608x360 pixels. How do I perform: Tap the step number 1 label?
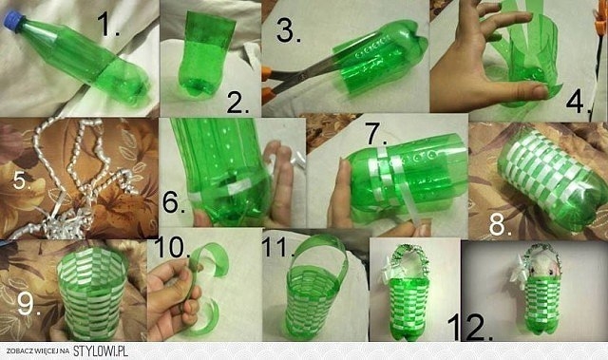point(108,24)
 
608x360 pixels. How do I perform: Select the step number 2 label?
point(237,104)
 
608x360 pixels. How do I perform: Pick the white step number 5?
point(22,180)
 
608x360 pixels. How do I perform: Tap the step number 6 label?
point(173,202)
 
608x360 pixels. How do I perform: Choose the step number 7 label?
point(377,134)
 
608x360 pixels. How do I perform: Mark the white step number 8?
point(501,224)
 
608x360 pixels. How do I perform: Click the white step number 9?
point(28,303)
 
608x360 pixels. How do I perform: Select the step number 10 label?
point(172,247)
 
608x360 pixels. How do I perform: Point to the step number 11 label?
point(278,247)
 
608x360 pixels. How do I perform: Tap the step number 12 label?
point(470,327)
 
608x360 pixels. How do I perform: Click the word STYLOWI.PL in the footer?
point(101,351)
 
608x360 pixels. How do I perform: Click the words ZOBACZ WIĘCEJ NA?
point(38,351)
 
